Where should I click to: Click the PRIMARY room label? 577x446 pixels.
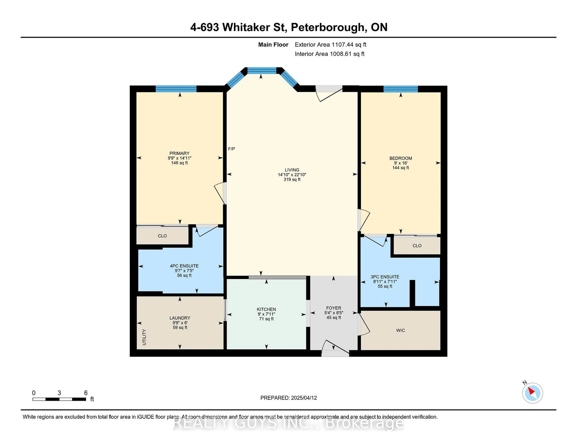click(179, 153)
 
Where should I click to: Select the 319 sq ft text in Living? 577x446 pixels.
click(292, 179)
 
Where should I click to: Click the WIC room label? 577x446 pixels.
click(400, 330)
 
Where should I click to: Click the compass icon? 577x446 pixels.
click(532, 393)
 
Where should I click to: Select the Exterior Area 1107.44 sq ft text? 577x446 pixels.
click(331, 45)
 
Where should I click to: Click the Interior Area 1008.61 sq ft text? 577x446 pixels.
click(330, 54)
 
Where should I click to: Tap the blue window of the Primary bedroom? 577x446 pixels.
click(176, 89)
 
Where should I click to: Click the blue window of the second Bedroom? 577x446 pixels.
click(400, 89)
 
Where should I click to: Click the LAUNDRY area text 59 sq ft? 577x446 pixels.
click(180, 328)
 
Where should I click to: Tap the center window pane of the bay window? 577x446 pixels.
click(262, 70)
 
